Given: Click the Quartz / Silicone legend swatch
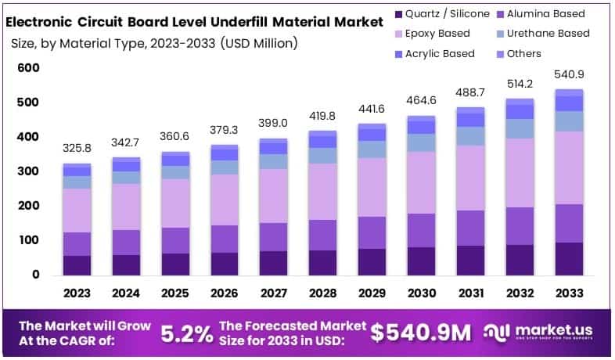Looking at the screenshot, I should click(x=401, y=13).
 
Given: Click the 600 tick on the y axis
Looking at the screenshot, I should click(x=29, y=68).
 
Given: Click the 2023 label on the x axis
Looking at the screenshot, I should click(x=77, y=293).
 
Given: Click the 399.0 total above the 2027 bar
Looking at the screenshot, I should click(x=273, y=123).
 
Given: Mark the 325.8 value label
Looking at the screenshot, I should click(x=77, y=148).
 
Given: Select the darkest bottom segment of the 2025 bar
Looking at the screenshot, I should click(x=175, y=264).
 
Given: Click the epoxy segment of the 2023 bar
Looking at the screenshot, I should click(x=77, y=210).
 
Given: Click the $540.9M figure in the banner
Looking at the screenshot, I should click(x=421, y=333).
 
